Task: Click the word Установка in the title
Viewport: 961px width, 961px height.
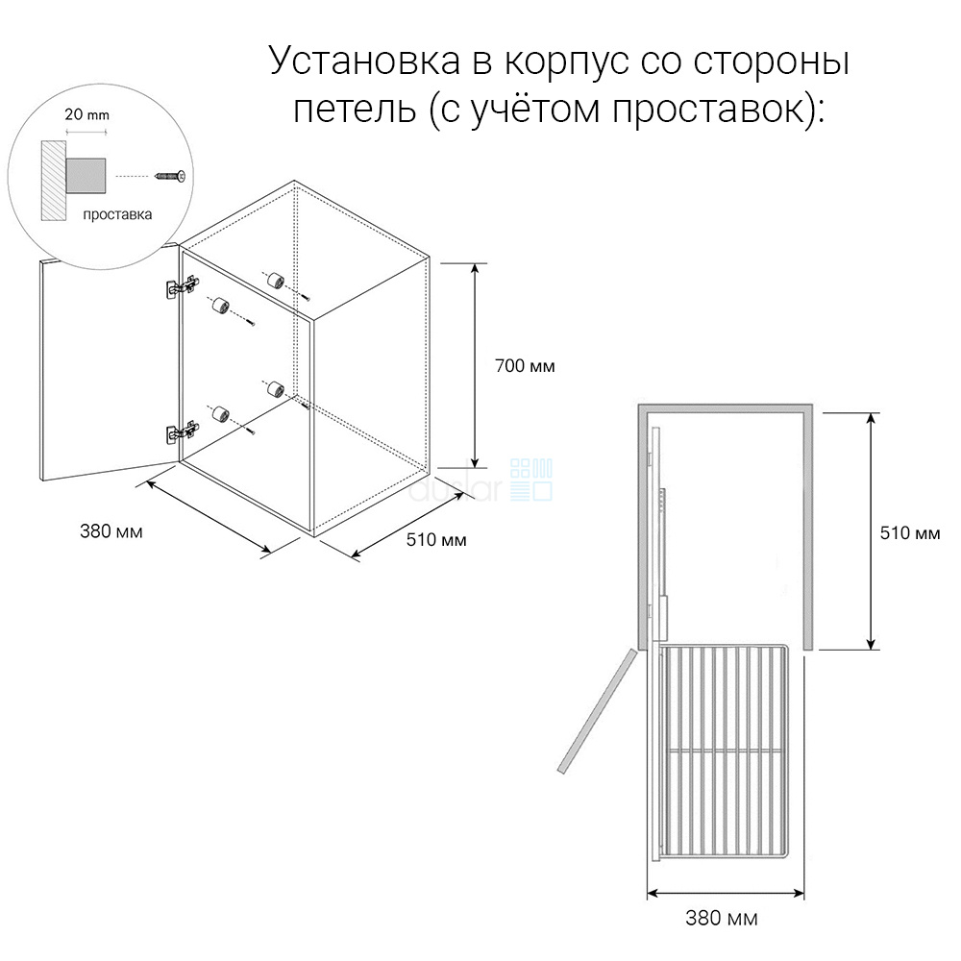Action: click(x=364, y=61)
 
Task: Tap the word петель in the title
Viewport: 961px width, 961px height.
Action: click(x=355, y=110)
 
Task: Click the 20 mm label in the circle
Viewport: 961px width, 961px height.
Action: click(x=87, y=114)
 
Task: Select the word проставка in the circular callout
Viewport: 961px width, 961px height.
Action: click(x=117, y=214)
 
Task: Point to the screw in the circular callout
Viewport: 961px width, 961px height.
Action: click(x=170, y=177)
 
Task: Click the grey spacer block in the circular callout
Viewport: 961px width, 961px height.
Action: click(x=86, y=176)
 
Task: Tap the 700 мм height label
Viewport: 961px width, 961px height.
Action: click(x=525, y=366)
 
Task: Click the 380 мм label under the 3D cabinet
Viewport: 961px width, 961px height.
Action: click(x=111, y=530)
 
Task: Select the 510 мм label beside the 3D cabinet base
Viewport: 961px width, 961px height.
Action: click(x=435, y=539)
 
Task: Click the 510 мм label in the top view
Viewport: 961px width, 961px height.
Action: click(x=910, y=532)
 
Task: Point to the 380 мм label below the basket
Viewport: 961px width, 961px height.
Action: click(x=722, y=918)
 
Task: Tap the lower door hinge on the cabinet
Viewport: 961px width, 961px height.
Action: click(x=183, y=431)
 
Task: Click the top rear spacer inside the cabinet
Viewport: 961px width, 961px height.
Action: click(x=275, y=281)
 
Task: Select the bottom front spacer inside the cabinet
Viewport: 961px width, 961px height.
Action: click(x=220, y=413)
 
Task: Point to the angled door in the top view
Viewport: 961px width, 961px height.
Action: click(x=598, y=710)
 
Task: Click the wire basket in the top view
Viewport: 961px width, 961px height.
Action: click(x=724, y=751)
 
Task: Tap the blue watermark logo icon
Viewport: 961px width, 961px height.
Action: click(x=531, y=480)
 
